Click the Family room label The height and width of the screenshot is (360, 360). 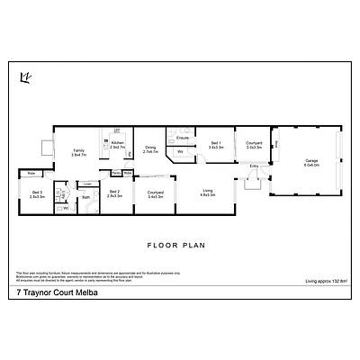pos(78,153)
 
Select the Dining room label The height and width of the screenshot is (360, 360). pos(150,149)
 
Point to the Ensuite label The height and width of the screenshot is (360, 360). pos(182,138)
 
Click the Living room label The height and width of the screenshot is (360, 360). pos(208,193)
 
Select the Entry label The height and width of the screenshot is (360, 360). pos(254,166)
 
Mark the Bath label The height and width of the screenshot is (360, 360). pos(86,197)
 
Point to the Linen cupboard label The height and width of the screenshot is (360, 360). pos(87,183)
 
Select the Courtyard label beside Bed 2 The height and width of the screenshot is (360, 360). pos(154,193)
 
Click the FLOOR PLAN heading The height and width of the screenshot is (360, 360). pos(179,244)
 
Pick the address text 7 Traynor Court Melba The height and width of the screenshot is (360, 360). pos(56,292)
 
